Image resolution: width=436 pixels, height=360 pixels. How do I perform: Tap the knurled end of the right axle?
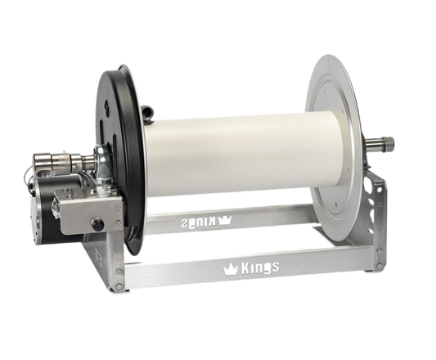pos(393,146)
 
